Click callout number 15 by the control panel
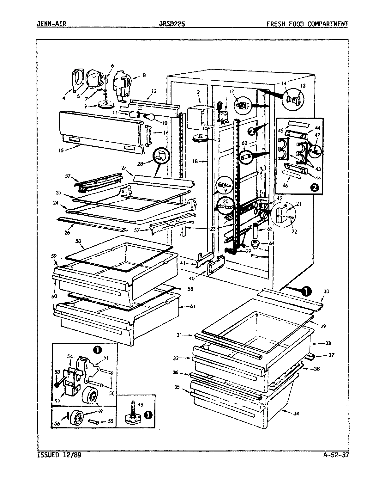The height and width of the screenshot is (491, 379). [61, 150]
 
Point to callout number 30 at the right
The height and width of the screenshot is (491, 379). [326, 292]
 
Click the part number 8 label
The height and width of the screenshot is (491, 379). [144, 75]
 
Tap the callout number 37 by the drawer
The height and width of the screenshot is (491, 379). [331, 355]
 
